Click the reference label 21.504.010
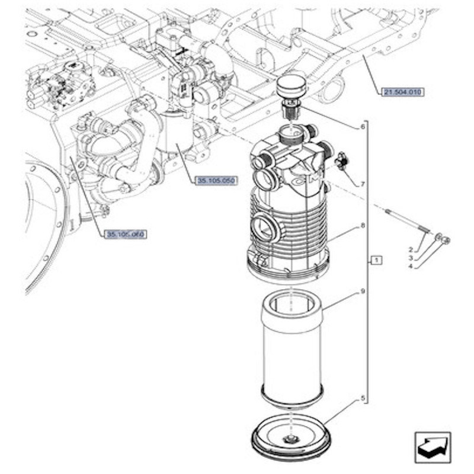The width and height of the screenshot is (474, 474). pos(405,92)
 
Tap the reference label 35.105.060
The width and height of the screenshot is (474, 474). pos(125,234)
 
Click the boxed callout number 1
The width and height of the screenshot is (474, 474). pos(378,260)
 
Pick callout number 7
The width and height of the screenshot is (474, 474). pos(362,184)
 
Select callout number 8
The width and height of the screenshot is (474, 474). pos(362,226)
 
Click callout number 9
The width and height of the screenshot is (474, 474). pos(362,292)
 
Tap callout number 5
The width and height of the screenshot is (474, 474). pos(362,399)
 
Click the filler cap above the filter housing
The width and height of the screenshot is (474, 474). pos(290,91)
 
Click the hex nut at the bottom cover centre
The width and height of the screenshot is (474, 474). pos(290,438)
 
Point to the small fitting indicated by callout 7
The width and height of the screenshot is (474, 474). pos(341,162)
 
